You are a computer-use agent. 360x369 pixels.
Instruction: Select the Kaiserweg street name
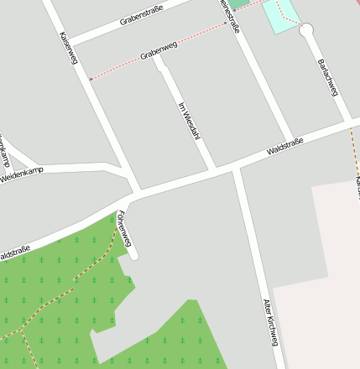[68, 49]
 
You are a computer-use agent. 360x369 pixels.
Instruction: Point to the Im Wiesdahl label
[188, 121]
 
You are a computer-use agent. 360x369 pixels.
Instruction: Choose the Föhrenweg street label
[126, 227]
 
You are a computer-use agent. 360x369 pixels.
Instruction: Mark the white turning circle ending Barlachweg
[306, 30]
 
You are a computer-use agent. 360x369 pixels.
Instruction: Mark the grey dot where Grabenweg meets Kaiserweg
[91, 79]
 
